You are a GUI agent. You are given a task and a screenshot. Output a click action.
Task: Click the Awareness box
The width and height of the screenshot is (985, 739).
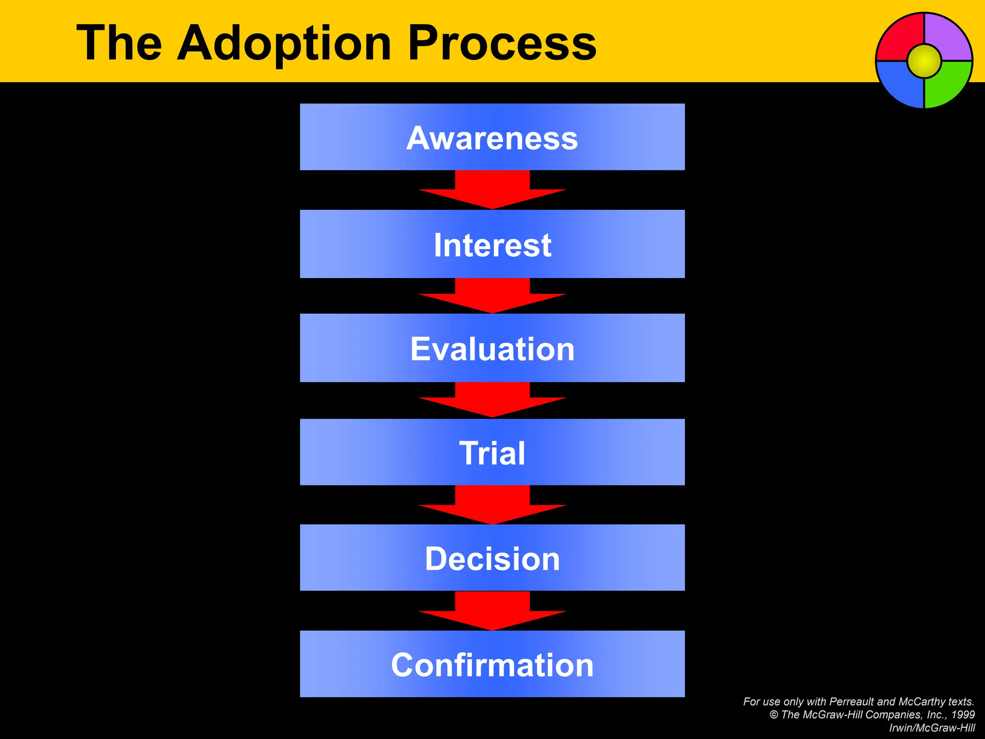492,137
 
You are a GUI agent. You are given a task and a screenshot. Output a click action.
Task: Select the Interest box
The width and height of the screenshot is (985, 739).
492,244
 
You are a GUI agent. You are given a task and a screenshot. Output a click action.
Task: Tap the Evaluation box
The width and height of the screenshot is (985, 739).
492,348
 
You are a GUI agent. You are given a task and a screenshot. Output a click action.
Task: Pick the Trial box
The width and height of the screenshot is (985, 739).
492,452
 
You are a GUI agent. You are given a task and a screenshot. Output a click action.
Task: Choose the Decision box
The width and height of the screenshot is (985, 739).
492,558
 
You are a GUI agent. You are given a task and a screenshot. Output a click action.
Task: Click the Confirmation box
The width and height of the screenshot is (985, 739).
492,664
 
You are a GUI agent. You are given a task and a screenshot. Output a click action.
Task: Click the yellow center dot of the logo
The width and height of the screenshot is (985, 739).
924,61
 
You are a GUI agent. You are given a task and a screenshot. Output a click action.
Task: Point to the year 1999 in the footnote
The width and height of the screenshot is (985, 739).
963,715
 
